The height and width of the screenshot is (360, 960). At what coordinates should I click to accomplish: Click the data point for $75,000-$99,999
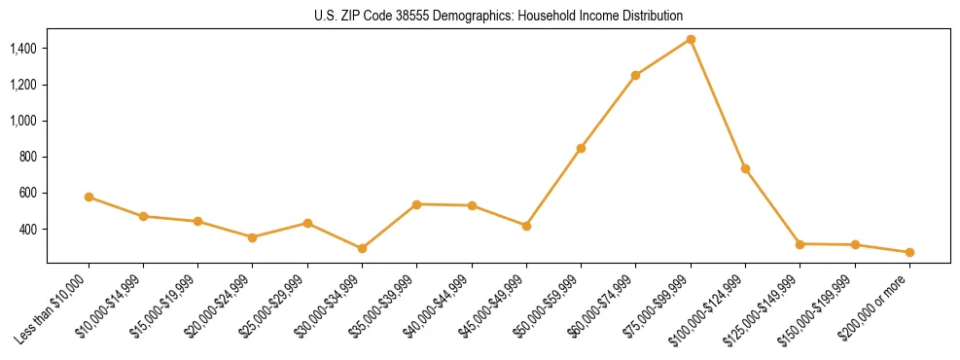[x=691, y=39]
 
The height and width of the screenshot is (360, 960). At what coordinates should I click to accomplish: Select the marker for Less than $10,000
[x=89, y=197]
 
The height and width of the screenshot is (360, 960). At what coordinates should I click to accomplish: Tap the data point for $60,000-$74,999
[x=635, y=75]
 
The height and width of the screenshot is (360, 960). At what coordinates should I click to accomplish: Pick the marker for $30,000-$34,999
[x=362, y=248]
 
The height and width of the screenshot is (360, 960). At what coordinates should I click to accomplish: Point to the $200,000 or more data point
[x=909, y=252]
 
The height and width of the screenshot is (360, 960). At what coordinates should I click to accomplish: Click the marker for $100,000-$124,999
[x=745, y=168]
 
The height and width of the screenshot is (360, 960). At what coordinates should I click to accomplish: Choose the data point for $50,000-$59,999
[x=581, y=148]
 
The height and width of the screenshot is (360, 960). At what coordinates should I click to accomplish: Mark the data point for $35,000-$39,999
[x=416, y=204]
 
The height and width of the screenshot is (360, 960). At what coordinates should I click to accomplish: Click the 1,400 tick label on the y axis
[x=23, y=49]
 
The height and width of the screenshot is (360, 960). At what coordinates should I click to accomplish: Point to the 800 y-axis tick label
[x=28, y=157]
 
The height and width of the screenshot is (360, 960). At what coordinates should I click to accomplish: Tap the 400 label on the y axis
[x=28, y=230]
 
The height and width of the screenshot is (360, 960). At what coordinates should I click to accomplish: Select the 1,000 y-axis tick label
[x=23, y=121]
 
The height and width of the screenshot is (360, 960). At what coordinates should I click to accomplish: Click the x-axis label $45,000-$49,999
[x=493, y=306]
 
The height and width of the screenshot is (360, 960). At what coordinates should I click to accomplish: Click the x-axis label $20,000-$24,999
[x=219, y=306]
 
